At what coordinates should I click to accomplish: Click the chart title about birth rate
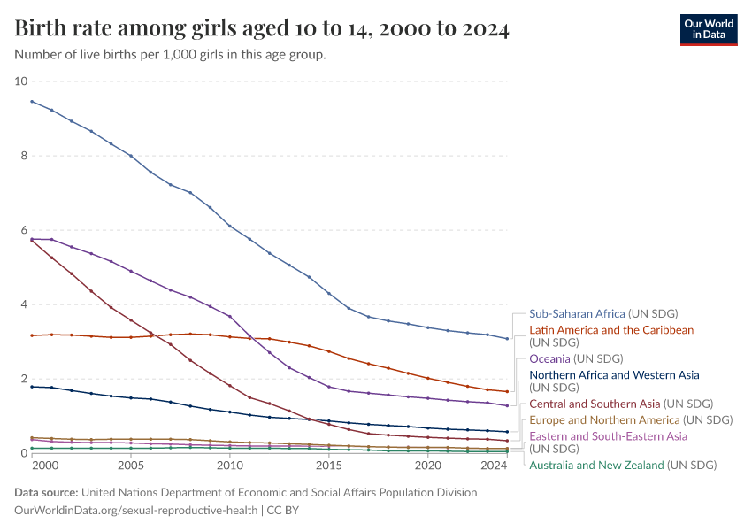262,29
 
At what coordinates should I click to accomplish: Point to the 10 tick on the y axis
21,81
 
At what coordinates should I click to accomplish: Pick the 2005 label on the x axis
131,466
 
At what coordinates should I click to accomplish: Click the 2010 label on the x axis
230,466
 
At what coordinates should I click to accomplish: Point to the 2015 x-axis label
329,466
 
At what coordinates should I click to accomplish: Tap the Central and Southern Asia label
620,404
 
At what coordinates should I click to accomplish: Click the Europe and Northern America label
631,419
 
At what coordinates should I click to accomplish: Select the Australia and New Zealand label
622,465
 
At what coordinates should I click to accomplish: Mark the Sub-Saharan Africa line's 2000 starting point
32,101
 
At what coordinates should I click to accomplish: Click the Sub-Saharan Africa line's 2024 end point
507,338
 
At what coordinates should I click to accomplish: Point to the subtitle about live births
171,55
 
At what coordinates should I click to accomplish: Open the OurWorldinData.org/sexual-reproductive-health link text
136,510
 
